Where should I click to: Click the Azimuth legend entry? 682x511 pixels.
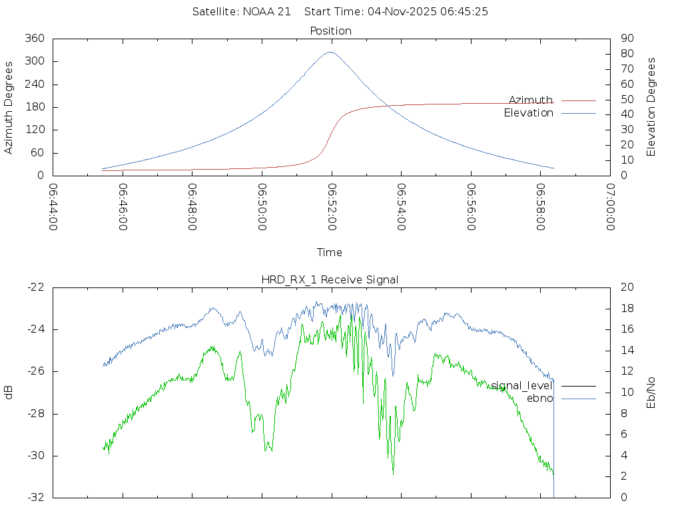[531, 100]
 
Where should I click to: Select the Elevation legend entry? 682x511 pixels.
[529, 113]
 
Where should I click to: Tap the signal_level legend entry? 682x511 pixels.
[522, 386]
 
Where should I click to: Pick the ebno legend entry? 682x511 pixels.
[539, 399]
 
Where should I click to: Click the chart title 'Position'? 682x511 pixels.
[330, 31]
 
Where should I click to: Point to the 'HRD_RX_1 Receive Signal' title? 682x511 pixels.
[330, 279]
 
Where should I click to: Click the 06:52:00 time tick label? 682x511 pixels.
[331, 206]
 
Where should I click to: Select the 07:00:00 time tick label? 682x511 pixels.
[609, 206]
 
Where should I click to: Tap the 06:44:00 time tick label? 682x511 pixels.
[53, 206]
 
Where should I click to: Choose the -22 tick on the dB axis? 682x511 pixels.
[35, 287]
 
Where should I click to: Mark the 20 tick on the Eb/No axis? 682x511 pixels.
[625, 287]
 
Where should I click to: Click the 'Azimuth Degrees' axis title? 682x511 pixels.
[9, 107]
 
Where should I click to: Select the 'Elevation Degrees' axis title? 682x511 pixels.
[651, 107]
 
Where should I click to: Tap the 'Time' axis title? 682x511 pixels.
[330, 252]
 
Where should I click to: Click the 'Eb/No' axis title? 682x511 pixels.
[651, 392]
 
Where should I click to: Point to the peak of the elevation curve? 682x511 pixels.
[330, 52]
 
